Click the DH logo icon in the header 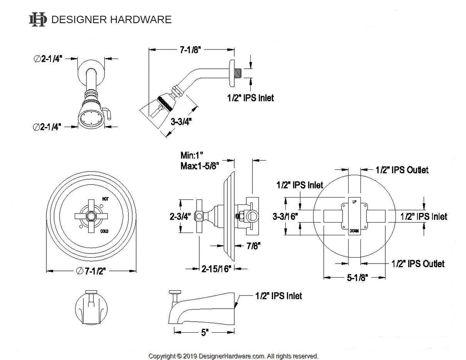(38, 19)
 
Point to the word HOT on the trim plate (106, 199)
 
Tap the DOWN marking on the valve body (354, 231)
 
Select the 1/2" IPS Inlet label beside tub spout (278, 296)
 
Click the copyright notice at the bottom (233, 355)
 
